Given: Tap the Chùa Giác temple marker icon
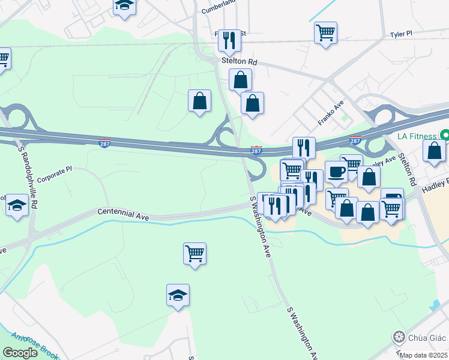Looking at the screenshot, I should [398, 336].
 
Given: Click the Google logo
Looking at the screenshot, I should [20, 353].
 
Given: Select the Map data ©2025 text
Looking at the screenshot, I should [424, 355].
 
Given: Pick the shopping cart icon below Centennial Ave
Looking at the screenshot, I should [195, 253].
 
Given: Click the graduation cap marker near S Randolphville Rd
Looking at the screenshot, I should [17, 205].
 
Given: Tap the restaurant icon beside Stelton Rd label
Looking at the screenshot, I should [229, 40].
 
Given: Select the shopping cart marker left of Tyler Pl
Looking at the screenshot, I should [325, 32].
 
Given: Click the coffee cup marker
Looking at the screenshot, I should [336, 171].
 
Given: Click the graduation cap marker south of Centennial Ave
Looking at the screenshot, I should [178, 295].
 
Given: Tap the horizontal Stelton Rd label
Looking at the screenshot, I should [240, 62].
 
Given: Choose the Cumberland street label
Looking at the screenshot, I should [216, 9].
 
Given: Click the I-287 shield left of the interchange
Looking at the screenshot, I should [104, 143].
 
